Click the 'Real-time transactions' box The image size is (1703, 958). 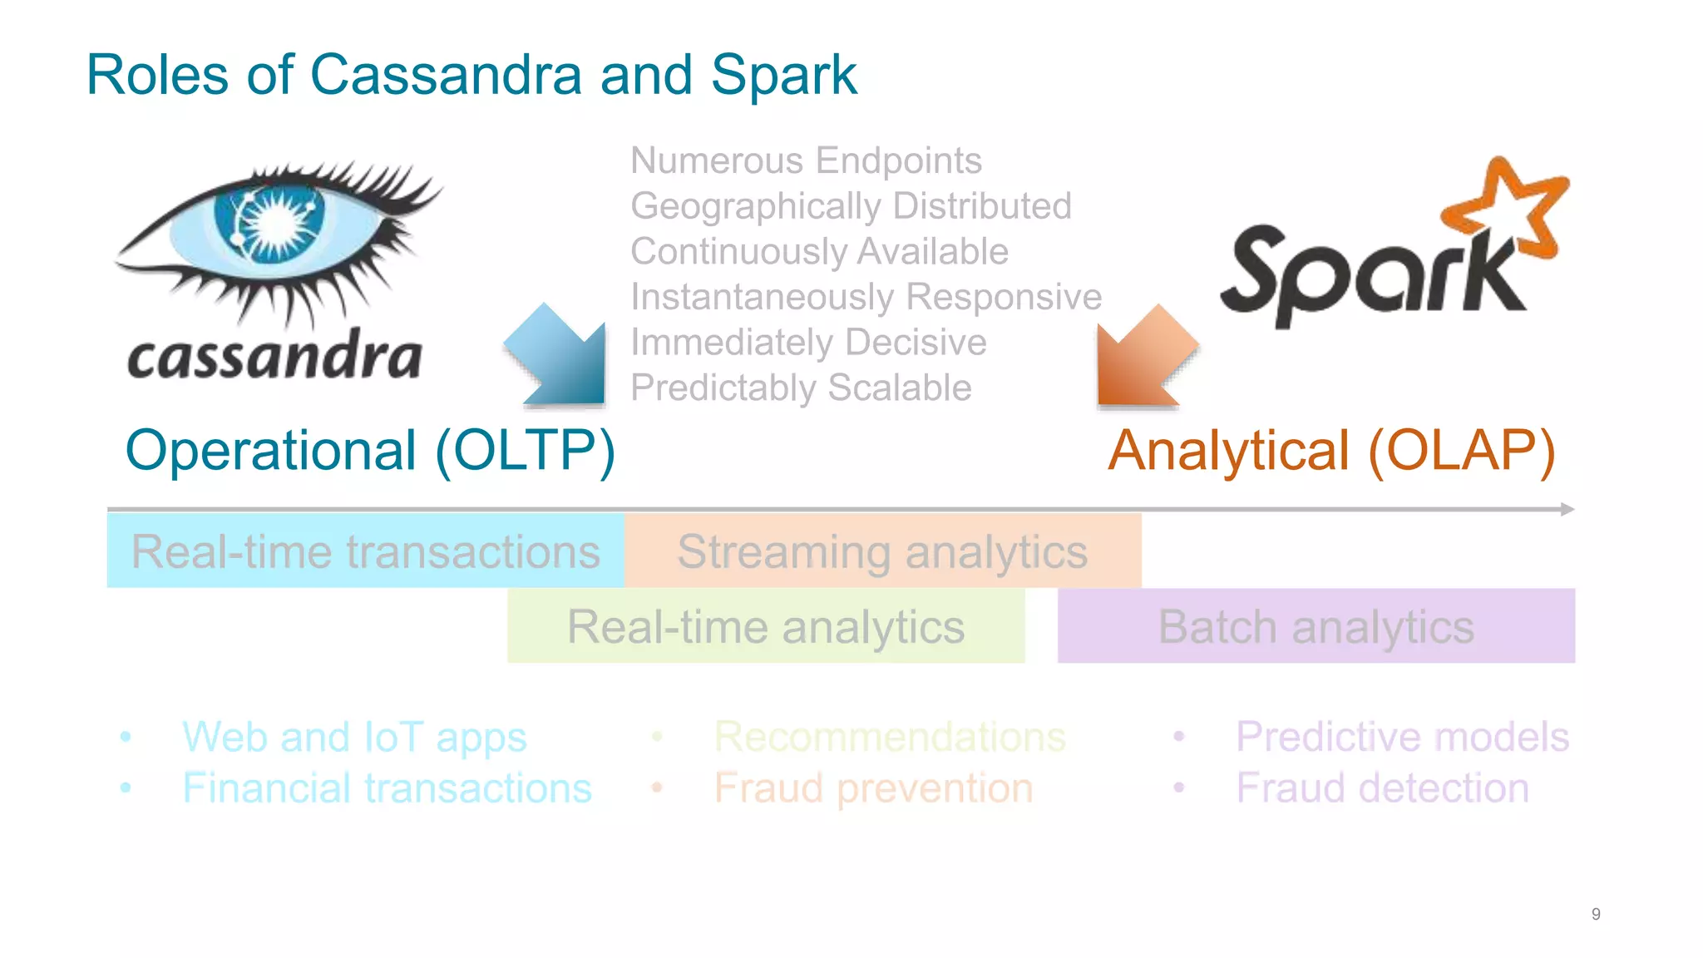click(366, 551)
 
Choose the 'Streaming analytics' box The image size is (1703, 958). click(882, 551)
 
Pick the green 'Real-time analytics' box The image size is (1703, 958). click(766, 626)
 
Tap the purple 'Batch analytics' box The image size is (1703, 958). click(1316, 626)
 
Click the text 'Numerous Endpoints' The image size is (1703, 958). click(806, 160)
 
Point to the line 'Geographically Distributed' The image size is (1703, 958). click(851, 206)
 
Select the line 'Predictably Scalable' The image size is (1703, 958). click(801, 388)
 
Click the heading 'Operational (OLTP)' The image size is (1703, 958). click(370, 451)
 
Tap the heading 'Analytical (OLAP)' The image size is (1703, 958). click(1331, 451)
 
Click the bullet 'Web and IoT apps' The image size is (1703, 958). click(354, 737)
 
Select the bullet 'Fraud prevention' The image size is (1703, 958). click(873, 788)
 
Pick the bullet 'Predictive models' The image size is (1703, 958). click(1402, 737)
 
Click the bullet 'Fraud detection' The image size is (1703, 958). click(1382, 788)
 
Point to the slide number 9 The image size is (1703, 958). click(1596, 914)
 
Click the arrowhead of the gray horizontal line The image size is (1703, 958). click(1567, 509)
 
